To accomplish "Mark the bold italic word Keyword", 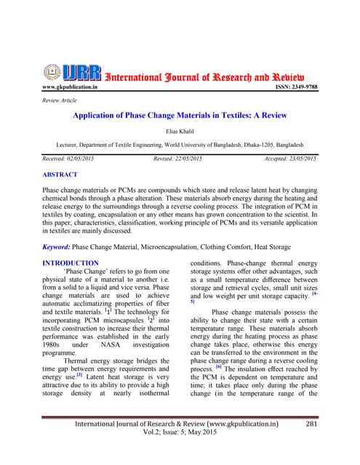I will pyautogui.click(x=60, y=246).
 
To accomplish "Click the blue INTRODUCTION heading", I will pyautogui.click(x=71, y=263).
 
